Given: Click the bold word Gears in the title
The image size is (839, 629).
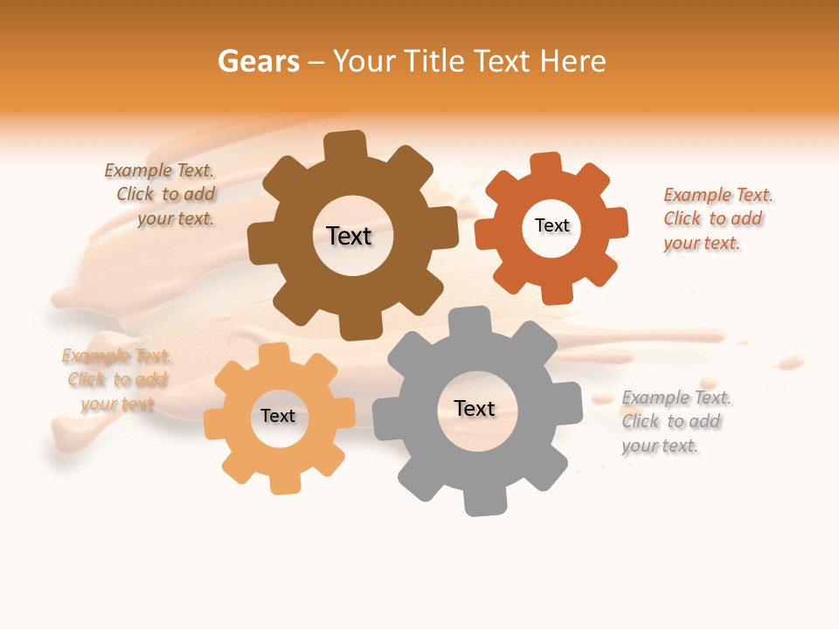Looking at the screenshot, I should coord(258,61).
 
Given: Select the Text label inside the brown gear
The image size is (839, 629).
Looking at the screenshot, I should coord(349,236).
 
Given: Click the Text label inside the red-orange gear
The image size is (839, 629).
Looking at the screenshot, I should coord(551,225).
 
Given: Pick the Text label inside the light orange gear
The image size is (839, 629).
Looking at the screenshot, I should coord(278,416).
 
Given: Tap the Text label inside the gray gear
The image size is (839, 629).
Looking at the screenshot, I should coord(475,408).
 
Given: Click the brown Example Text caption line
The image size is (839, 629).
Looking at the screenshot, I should coord(159,170).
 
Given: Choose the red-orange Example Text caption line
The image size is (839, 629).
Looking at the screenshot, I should coord(718,195).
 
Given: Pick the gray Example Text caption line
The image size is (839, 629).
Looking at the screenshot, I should coord(676,398).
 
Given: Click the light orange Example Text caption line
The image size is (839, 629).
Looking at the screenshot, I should coord(116,356).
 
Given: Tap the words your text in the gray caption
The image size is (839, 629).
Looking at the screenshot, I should coord(660,446).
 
